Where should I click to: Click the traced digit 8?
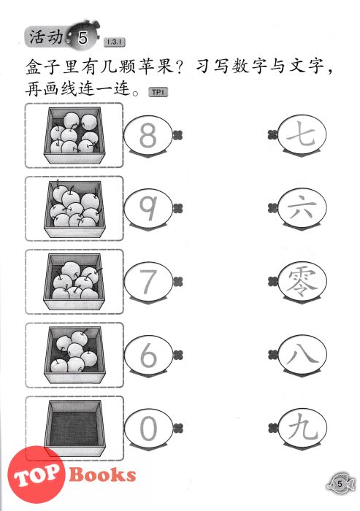click(x=148, y=135)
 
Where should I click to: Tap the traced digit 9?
click(x=148, y=208)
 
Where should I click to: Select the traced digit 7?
click(x=148, y=281)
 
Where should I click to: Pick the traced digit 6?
click(x=148, y=355)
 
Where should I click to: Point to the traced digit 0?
click(x=148, y=428)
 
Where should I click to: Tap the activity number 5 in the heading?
click(x=83, y=38)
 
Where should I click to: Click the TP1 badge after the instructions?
click(x=158, y=92)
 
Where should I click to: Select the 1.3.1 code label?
click(x=114, y=42)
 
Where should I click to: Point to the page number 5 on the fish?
click(x=340, y=484)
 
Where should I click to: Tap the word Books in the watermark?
click(x=102, y=474)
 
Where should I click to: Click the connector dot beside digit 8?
click(x=177, y=134)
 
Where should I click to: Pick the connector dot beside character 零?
click(x=272, y=281)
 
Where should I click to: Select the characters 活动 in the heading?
click(x=46, y=36)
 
